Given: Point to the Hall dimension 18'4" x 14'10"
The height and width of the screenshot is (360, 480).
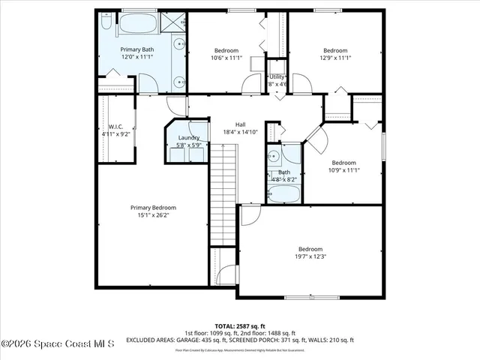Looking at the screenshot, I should click(240, 133).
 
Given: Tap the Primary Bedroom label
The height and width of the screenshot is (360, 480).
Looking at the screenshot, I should click(153, 208).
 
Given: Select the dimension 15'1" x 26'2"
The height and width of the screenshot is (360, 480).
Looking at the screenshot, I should click(153, 216).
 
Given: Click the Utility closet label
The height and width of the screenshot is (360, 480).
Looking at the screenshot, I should click(277, 76).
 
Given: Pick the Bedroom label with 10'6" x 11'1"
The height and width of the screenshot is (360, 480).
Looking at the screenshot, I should click(226, 50).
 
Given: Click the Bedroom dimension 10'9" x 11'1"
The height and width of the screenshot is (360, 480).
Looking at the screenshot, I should click(343, 170).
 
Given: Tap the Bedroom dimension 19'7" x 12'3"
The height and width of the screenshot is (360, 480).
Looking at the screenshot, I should click(310, 257).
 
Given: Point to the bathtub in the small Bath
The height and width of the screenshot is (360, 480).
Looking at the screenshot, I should click(283, 194).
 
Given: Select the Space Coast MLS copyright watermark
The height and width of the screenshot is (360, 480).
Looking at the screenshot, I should click(58, 344).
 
